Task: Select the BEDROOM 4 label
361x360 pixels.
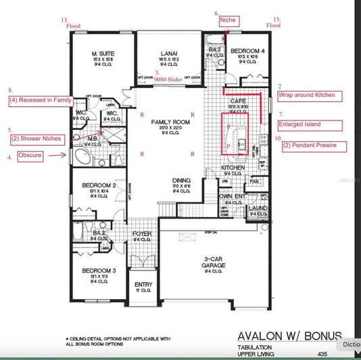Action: coord(241,51)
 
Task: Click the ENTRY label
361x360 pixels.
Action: coord(143,285)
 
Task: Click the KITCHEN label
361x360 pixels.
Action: coord(233,167)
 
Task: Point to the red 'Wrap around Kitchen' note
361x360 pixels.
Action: coord(306,95)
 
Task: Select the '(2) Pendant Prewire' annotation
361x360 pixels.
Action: coord(308,145)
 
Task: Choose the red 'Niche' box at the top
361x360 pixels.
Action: coord(227,21)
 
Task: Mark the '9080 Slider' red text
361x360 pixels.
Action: coord(169,78)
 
